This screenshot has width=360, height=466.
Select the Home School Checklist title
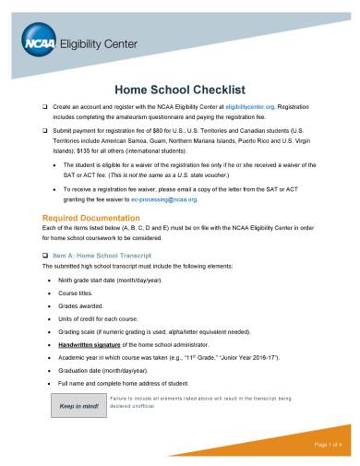(x=178, y=90)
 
